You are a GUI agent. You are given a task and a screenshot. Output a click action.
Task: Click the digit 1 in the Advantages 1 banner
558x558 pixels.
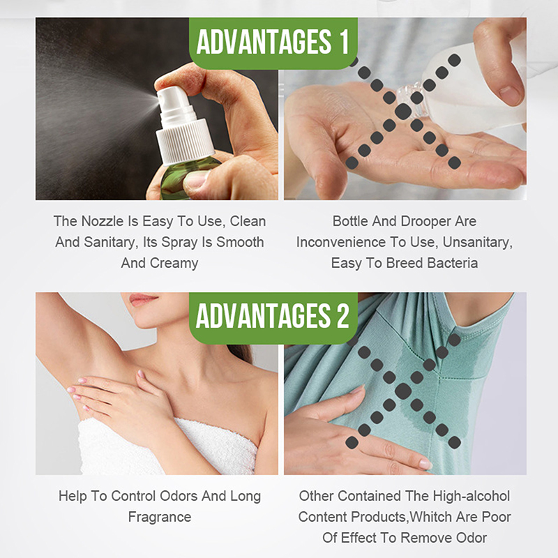[344, 42]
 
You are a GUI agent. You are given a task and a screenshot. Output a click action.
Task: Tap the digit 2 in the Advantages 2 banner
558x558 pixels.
[342, 316]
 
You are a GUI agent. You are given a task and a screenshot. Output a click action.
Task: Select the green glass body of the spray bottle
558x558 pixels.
[185, 179]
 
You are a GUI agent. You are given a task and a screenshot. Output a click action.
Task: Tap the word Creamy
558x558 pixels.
[174, 264]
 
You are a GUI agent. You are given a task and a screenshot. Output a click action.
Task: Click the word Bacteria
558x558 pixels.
[452, 263]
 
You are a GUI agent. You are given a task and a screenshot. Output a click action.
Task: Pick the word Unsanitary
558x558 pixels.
[478, 242]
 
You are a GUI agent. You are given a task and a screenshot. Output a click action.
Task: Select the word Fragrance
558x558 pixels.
[160, 517]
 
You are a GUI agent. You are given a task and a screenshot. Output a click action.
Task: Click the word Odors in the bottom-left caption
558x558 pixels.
[179, 496]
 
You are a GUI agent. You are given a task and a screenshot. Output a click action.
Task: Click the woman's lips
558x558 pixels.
[143, 299]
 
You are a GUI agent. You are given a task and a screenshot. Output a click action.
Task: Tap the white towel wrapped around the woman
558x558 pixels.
[167, 446]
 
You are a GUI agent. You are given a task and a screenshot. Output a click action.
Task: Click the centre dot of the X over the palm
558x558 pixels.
[403, 112]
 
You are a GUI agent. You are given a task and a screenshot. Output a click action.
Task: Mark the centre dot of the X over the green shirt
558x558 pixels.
[403, 391]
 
